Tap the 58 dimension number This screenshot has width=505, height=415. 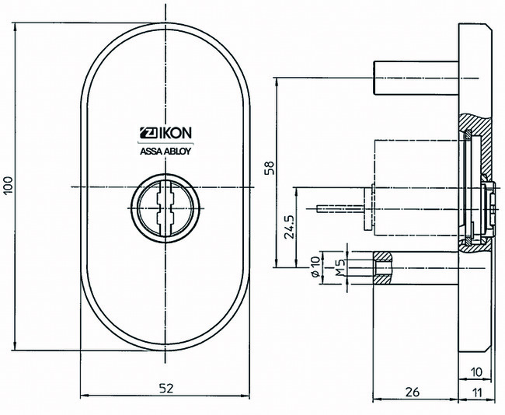[270, 169]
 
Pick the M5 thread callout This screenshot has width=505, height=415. [340, 269]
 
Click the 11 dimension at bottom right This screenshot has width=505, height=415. [476, 392]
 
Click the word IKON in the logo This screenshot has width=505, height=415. [172, 132]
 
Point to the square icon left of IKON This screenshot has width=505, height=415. [145, 132]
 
